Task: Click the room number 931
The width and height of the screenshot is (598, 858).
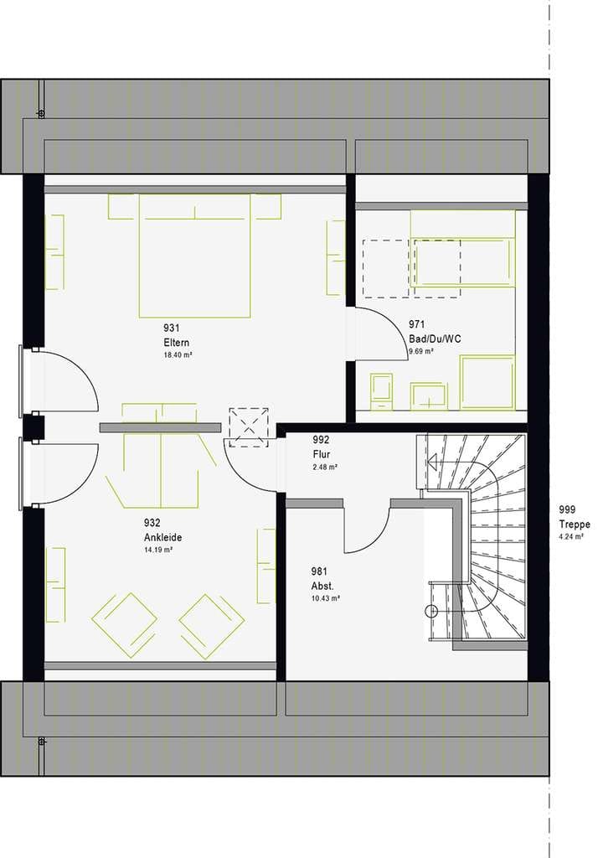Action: [171, 328]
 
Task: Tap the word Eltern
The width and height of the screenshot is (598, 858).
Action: [176, 343]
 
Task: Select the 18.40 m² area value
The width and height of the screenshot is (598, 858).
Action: [178, 355]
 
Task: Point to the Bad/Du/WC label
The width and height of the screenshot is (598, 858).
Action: [435, 339]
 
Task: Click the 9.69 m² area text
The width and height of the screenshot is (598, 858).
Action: [421, 351]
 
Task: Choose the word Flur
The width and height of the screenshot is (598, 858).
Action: [321, 455]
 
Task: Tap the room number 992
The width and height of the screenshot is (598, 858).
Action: [321, 440]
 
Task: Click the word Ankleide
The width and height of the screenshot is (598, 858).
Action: [163, 538]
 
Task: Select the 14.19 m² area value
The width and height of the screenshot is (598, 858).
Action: [158, 550]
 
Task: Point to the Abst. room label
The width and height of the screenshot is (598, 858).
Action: [322, 587]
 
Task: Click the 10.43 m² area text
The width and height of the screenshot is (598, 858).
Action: [326, 598]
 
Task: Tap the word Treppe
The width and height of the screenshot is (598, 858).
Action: [575, 525]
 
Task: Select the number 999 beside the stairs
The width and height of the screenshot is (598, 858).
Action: [567, 510]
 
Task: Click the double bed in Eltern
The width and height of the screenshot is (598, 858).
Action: [195, 256]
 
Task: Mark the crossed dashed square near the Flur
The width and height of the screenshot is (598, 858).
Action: [249, 427]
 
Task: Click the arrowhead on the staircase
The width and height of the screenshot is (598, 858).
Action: [433, 463]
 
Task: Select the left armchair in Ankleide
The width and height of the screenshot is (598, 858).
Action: [125, 625]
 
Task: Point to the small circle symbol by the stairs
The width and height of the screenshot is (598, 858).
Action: [431, 612]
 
